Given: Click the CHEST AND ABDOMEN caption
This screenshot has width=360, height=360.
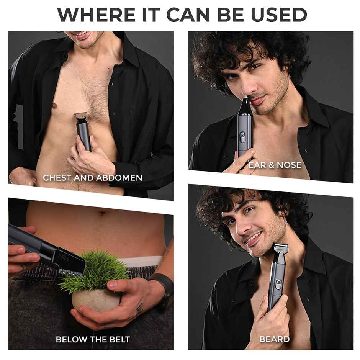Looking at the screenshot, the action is [x=93, y=178].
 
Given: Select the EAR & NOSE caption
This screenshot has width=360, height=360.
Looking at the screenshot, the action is [x=275, y=165].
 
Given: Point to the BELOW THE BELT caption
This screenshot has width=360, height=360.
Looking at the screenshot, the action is [x=93, y=339].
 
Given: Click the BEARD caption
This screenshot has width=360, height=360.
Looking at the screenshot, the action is [x=275, y=339].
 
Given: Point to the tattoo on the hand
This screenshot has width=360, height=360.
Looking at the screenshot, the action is [x=139, y=309].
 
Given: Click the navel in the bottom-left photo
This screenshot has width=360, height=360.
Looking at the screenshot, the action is [x=102, y=214].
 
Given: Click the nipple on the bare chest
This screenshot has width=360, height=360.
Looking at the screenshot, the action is [x=55, y=106].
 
